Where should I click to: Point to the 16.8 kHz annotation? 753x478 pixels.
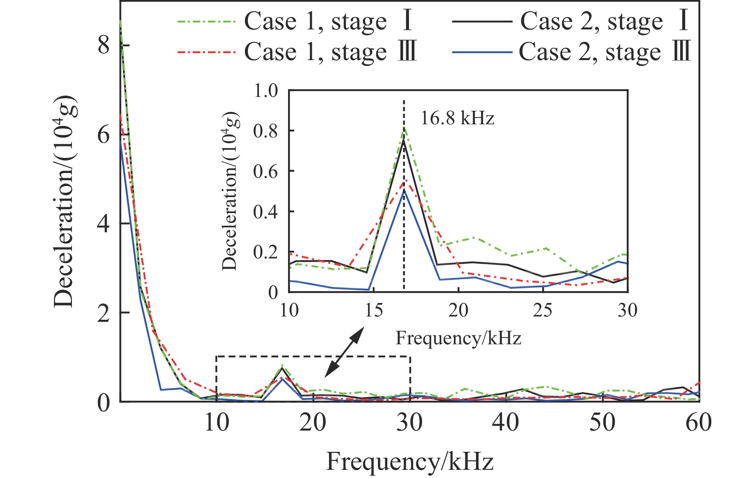[x=457, y=119]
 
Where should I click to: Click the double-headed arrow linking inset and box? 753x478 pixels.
[x=344, y=352]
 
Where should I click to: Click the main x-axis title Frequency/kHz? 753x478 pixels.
[x=410, y=462]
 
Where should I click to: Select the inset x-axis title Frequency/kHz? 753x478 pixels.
[x=458, y=339]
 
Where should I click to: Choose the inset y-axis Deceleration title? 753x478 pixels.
[x=231, y=191]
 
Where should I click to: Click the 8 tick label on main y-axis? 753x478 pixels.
[x=104, y=45]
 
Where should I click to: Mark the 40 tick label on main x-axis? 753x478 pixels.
[x=506, y=423]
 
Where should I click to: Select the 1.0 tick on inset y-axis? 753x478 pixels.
[x=266, y=90]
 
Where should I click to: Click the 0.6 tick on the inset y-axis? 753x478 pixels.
[x=266, y=171]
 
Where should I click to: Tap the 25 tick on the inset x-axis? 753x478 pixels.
[x=543, y=311]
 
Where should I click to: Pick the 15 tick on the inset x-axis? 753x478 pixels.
[x=373, y=311]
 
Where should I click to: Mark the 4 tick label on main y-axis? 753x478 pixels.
[x=104, y=224]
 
